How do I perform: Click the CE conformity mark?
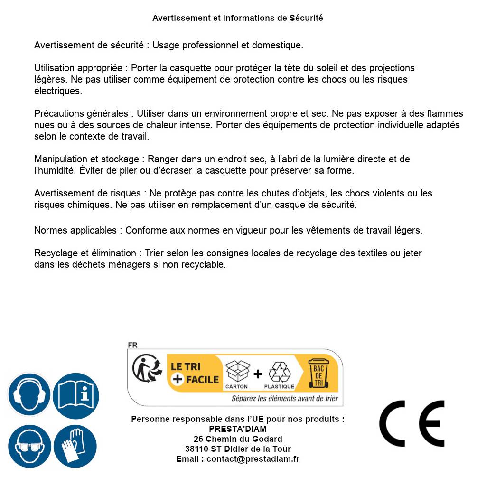pos(412,423)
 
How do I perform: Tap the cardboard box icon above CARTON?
pos(237,372)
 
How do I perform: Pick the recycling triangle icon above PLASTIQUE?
pos(280,372)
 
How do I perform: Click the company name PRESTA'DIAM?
pos(238,429)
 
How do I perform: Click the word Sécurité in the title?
pos(306,18)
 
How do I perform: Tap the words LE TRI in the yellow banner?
pos(186,366)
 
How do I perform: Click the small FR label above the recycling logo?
pos(132,345)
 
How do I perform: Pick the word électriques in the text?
pos(58,91)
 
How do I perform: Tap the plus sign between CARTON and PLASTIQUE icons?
pos(258,374)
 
